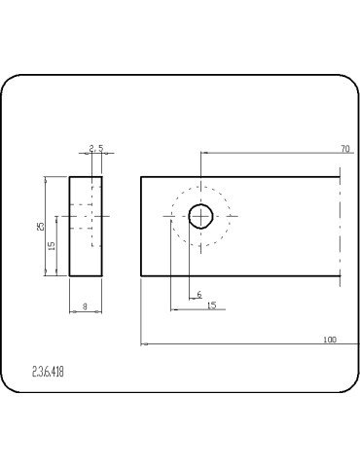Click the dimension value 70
pos(344,148)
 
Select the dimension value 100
pos(329,340)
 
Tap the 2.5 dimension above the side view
pos(95,148)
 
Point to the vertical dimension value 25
pos(40,226)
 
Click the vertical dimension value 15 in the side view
pos(52,245)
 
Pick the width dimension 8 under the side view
pos(85,306)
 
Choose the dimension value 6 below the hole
pos(198,293)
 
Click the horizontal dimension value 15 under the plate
pos(211,305)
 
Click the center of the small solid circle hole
pos(200,216)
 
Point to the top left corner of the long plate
pos(141,176)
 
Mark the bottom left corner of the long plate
pos(141,275)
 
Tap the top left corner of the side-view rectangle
pos(69,176)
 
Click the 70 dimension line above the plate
pos(272,153)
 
